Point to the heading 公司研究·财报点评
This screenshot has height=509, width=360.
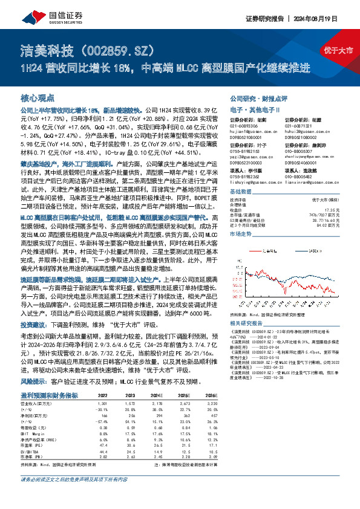pyautogui.click(x=257, y=97)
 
